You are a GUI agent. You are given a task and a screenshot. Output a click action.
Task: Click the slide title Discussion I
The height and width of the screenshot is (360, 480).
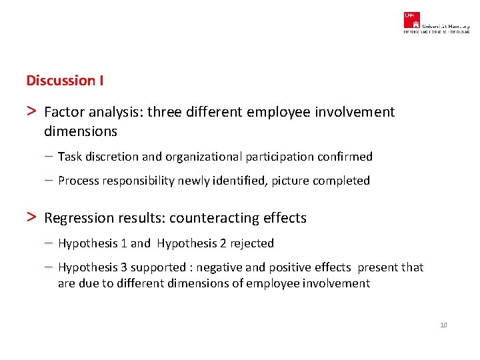point(65,81)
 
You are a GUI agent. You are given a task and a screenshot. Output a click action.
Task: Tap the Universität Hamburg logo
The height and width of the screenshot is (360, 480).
point(435,22)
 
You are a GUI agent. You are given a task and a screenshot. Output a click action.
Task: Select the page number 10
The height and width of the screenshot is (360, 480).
point(443,325)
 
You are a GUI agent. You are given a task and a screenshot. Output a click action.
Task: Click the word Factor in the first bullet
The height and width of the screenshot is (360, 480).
point(64,112)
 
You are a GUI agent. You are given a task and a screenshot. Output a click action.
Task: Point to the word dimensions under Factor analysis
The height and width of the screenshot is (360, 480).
point(81,131)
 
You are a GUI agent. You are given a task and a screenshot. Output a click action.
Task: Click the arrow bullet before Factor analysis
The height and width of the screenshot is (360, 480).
point(31,111)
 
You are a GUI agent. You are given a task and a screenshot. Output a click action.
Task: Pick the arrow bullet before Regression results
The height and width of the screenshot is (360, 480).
point(31,217)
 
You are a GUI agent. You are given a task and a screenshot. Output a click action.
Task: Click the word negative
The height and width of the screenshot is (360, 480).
point(220,267)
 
